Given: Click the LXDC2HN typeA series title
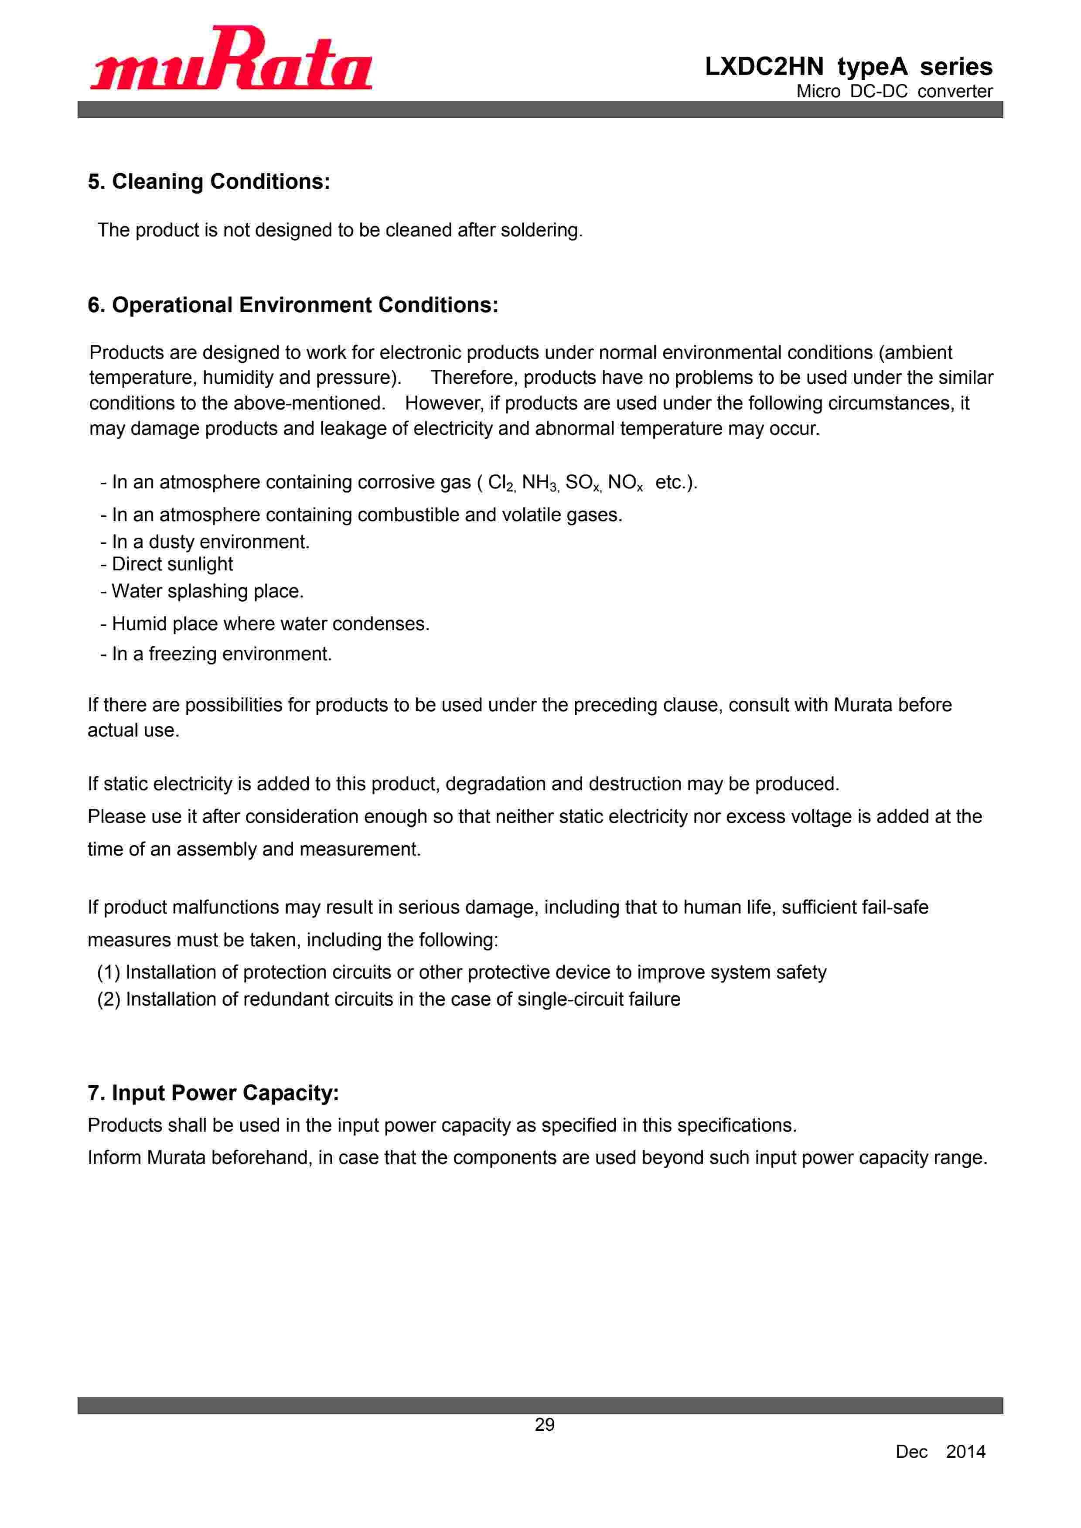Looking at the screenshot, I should (x=848, y=67).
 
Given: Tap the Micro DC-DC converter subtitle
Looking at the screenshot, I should (x=894, y=91).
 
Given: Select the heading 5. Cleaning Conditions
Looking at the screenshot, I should (x=209, y=182).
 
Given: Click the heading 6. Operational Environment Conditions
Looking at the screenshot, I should (x=293, y=305).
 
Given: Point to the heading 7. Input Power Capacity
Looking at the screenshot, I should (x=213, y=1093).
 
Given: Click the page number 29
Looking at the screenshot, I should (x=545, y=1425).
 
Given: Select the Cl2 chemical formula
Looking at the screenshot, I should (x=501, y=482).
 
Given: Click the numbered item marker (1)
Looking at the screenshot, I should (x=109, y=972).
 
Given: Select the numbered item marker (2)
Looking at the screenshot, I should (x=109, y=999).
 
